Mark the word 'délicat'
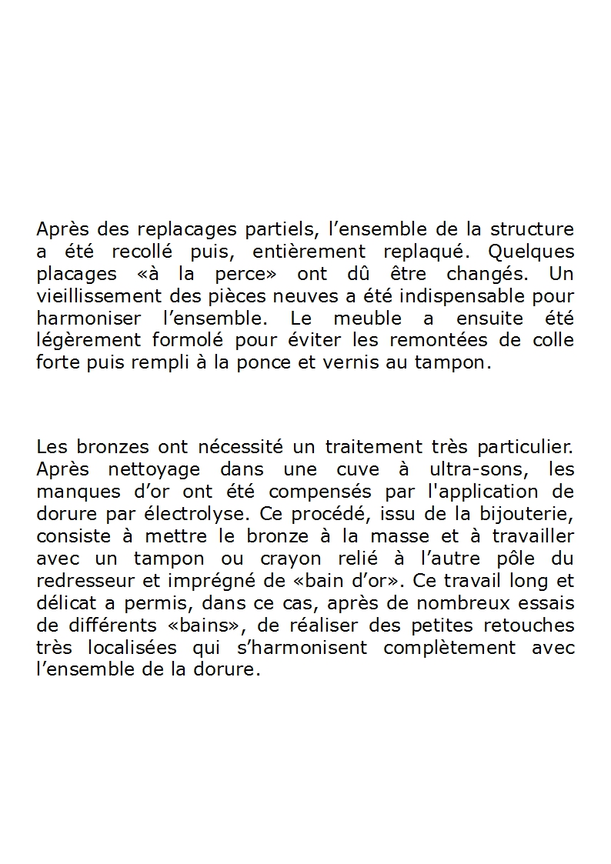[65, 603]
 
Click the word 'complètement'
[450, 648]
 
